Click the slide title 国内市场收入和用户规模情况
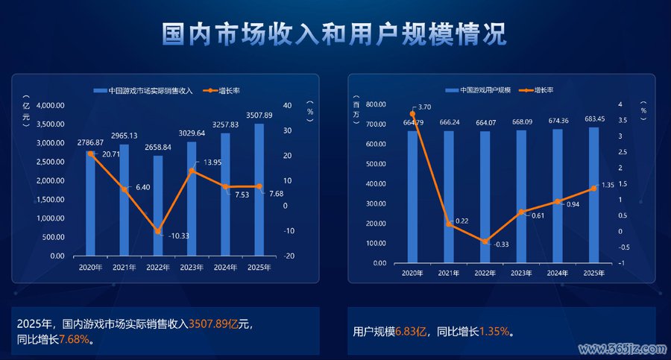(335, 34)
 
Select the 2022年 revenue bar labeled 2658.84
(158, 206)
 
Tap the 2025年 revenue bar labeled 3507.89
(259, 190)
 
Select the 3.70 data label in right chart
(426, 109)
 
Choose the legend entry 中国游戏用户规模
(480, 90)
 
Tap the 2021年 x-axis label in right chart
(449, 274)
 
